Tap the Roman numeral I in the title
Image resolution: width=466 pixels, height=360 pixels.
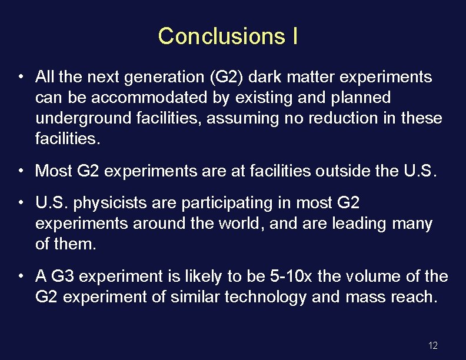tap(294, 36)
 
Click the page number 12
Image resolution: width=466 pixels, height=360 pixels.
tap(433, 345)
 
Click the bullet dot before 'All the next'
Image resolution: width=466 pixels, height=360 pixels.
tap(21, 77)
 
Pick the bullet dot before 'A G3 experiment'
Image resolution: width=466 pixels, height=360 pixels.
tap(21, 276)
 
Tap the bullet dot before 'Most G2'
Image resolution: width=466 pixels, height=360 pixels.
tap(21, 171)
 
